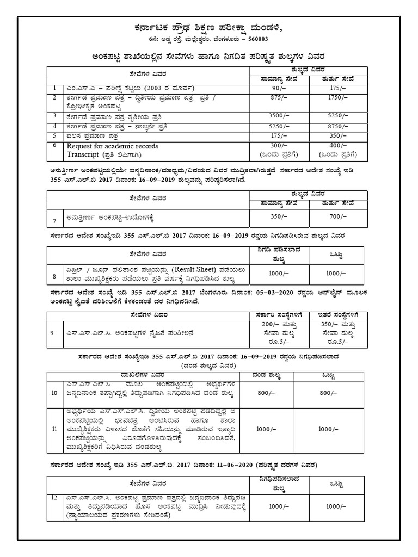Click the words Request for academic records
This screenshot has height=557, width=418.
pos(113,146)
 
